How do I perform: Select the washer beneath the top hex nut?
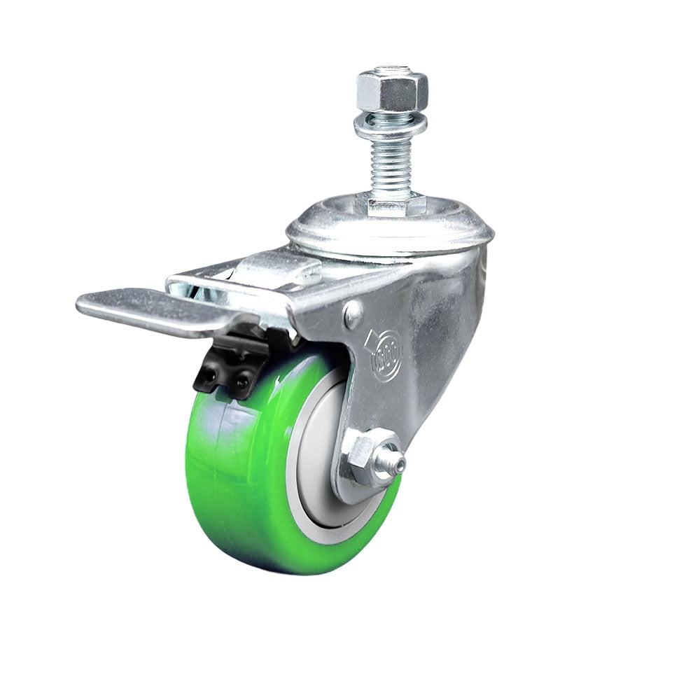pyautogui.click(x=390, y=127)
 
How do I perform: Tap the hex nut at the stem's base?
pyautogui.click(x=391, y=204)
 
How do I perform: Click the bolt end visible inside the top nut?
pyautogui.click(x=392, y=71)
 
